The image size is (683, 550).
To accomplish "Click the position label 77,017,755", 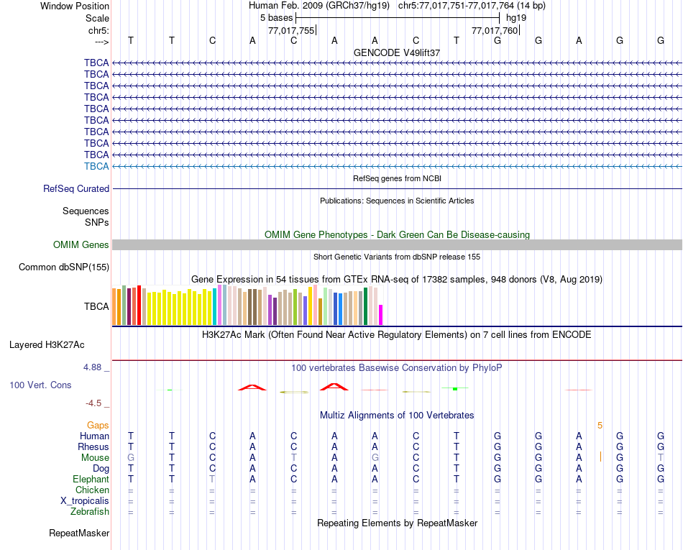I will pos(290,30).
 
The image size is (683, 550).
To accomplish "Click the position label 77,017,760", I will pos(494,30).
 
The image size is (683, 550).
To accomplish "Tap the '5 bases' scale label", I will pos(276,17).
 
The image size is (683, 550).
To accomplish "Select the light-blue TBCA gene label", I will pos(96,166).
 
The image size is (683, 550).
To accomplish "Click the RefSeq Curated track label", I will pos(76,188).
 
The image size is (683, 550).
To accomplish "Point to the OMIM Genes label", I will pos(81,244).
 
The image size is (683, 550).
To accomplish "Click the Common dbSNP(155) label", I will pos(63,267).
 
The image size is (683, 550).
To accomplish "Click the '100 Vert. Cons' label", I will pos(40,385).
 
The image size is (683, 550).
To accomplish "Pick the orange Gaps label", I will pos(98,426).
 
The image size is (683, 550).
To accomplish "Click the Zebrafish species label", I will pos(90,512).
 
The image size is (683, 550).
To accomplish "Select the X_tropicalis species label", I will pos(85,500).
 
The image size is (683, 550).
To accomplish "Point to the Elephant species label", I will pos(91,479).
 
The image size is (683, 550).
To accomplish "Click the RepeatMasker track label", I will pos(79,533).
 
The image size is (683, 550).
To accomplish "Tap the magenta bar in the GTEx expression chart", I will pos(381,315).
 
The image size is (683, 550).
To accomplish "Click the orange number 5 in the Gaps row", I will pos(600,426).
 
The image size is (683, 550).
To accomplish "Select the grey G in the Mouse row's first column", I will pos(130,458).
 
